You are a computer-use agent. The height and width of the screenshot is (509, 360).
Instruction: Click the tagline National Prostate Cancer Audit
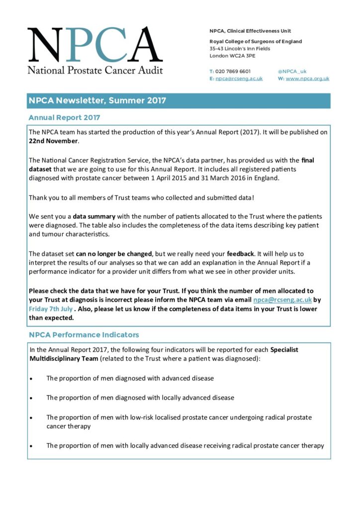coord(95,70)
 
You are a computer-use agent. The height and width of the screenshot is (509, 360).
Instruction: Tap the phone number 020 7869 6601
coord(233,71)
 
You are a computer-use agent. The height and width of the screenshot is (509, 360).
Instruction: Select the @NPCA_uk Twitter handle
coord(292,71)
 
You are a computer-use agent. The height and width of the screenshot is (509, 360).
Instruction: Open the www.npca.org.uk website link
coord(307,79)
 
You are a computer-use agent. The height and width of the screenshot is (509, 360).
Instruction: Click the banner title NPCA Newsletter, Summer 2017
coord(97,100)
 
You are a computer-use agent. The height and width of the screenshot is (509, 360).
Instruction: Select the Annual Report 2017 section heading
coord(64,118)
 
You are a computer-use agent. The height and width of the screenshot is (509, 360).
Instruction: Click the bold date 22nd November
coord(53,141)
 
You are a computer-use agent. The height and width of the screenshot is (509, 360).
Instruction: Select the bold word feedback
coord(240,254)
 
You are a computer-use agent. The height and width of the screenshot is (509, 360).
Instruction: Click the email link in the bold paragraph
coord(282,300)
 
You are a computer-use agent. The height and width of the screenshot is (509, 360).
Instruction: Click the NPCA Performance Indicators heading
coord(84,335)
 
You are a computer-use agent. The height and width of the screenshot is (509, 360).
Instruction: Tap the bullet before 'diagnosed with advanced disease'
coord(32,378)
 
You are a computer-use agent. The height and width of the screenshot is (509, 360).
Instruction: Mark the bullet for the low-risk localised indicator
coord(32,418)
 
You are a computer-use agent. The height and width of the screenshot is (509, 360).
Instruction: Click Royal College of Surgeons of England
coord(256,42)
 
